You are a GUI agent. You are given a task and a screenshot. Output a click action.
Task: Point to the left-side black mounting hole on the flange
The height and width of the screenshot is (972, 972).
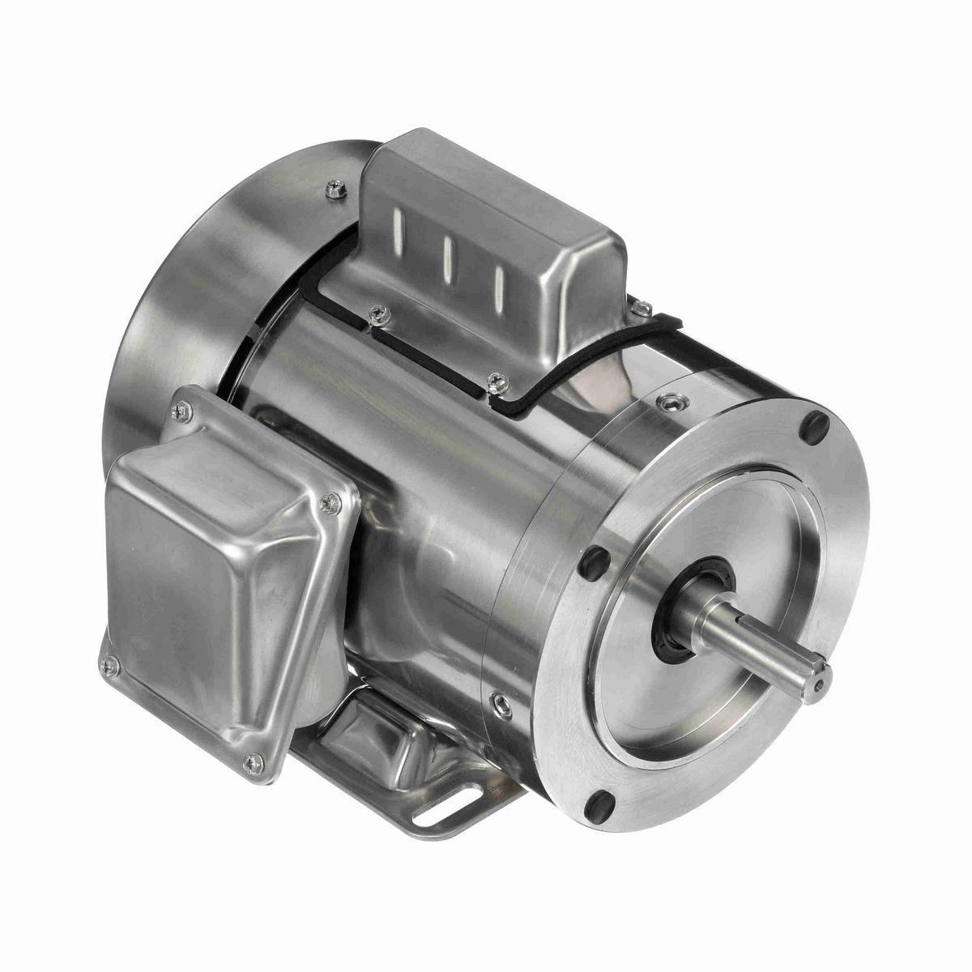[595, 561]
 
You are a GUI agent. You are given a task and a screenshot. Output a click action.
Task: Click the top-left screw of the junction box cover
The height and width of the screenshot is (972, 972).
[182, 411]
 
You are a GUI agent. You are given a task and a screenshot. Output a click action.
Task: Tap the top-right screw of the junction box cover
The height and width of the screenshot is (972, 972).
[330, 504]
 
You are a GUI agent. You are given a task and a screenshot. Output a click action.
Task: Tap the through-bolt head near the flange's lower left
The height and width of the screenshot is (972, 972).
[501, 703]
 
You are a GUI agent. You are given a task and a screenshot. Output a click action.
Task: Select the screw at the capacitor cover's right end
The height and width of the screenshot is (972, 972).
[640, 308]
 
